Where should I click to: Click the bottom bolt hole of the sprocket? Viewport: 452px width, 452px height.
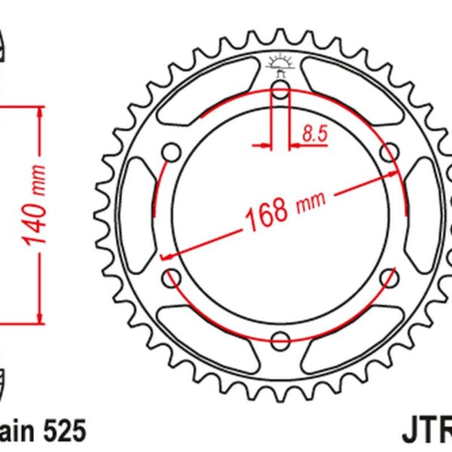(279, 338)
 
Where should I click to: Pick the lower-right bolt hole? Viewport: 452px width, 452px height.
(388, 276)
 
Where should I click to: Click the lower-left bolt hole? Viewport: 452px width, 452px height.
(172, 276)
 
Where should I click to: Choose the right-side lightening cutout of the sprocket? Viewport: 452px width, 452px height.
(419, 215)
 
